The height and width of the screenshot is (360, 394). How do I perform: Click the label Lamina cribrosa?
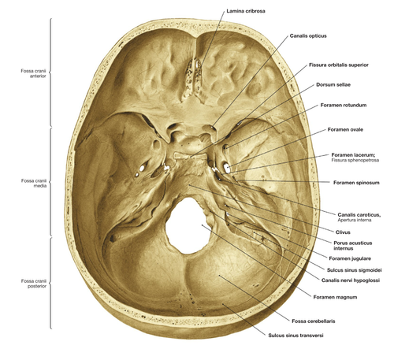(x=246, y=11)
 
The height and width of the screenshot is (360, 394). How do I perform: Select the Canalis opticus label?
(x=308, y=35)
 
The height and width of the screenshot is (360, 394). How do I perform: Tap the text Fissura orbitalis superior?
(x=339, y=65)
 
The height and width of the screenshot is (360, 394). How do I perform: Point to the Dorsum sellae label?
(x=333, y=84)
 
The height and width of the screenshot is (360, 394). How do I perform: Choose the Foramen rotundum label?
(x=344, y=105)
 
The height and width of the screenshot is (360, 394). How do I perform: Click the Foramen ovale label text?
(x=345, y=129)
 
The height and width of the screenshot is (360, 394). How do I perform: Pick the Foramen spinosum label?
(x=356, y=183)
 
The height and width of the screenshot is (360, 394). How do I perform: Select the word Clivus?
(x=343, y=232)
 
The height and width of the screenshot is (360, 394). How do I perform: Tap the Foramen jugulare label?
(x=350, y=258)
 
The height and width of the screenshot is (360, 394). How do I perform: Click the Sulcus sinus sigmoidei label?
(x=354, y=270)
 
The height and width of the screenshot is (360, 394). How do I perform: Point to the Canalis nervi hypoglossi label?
(x=351, y=280)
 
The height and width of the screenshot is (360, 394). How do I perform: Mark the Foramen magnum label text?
(x=335, y=297)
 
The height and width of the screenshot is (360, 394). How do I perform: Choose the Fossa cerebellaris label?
(x=314, y=321)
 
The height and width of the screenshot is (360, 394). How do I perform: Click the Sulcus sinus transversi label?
(x=295, y=336)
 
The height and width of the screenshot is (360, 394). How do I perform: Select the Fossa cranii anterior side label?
(x=33, y=73)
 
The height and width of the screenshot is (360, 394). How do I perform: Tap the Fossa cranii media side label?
(x=34, y=183)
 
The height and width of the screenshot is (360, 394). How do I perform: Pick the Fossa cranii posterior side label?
(x=34, y=284)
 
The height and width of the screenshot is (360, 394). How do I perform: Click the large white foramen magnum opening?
(x=188, y=227)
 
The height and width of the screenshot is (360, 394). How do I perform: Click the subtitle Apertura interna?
(x=355, y=220)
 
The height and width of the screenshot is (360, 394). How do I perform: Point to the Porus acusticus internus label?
(x=353, y=246)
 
